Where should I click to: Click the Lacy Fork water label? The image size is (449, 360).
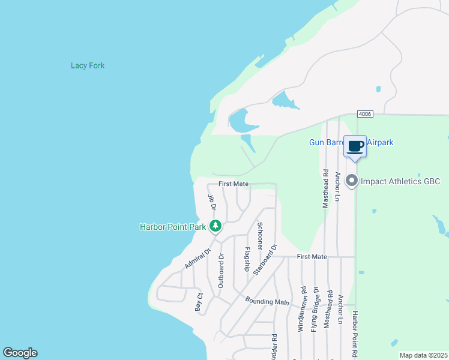click(88, 65)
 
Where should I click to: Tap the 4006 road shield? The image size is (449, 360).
click(364, 114)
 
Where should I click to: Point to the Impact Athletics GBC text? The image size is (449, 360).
click(401, 181)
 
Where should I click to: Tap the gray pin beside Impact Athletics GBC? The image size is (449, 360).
click(352, 180)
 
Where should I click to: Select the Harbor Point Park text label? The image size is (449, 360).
click(173, 227)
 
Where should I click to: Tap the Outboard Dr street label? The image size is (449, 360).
click(221, 271)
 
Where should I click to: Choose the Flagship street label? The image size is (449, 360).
click(247, 259)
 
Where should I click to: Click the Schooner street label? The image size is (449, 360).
click(260, 236)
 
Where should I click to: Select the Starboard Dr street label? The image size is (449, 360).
click(266, 259)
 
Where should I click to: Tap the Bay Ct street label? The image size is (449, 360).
click(199, 301)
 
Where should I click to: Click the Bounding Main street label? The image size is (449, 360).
click(268, 302)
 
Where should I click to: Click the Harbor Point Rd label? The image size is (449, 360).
click(355, 334)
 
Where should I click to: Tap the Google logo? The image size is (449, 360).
click(20, 353)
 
